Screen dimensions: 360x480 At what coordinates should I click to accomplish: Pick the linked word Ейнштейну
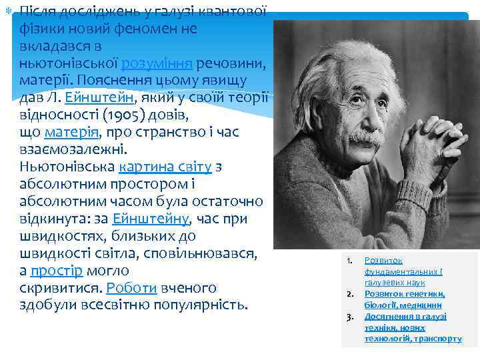click(x=151, y=219)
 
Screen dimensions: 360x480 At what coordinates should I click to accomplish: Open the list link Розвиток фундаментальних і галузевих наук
click(x=403, y=271)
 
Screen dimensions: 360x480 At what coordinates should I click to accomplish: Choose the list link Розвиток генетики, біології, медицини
click(x=404, y=299)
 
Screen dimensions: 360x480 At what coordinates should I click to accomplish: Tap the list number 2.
click(x=349, y=294)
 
